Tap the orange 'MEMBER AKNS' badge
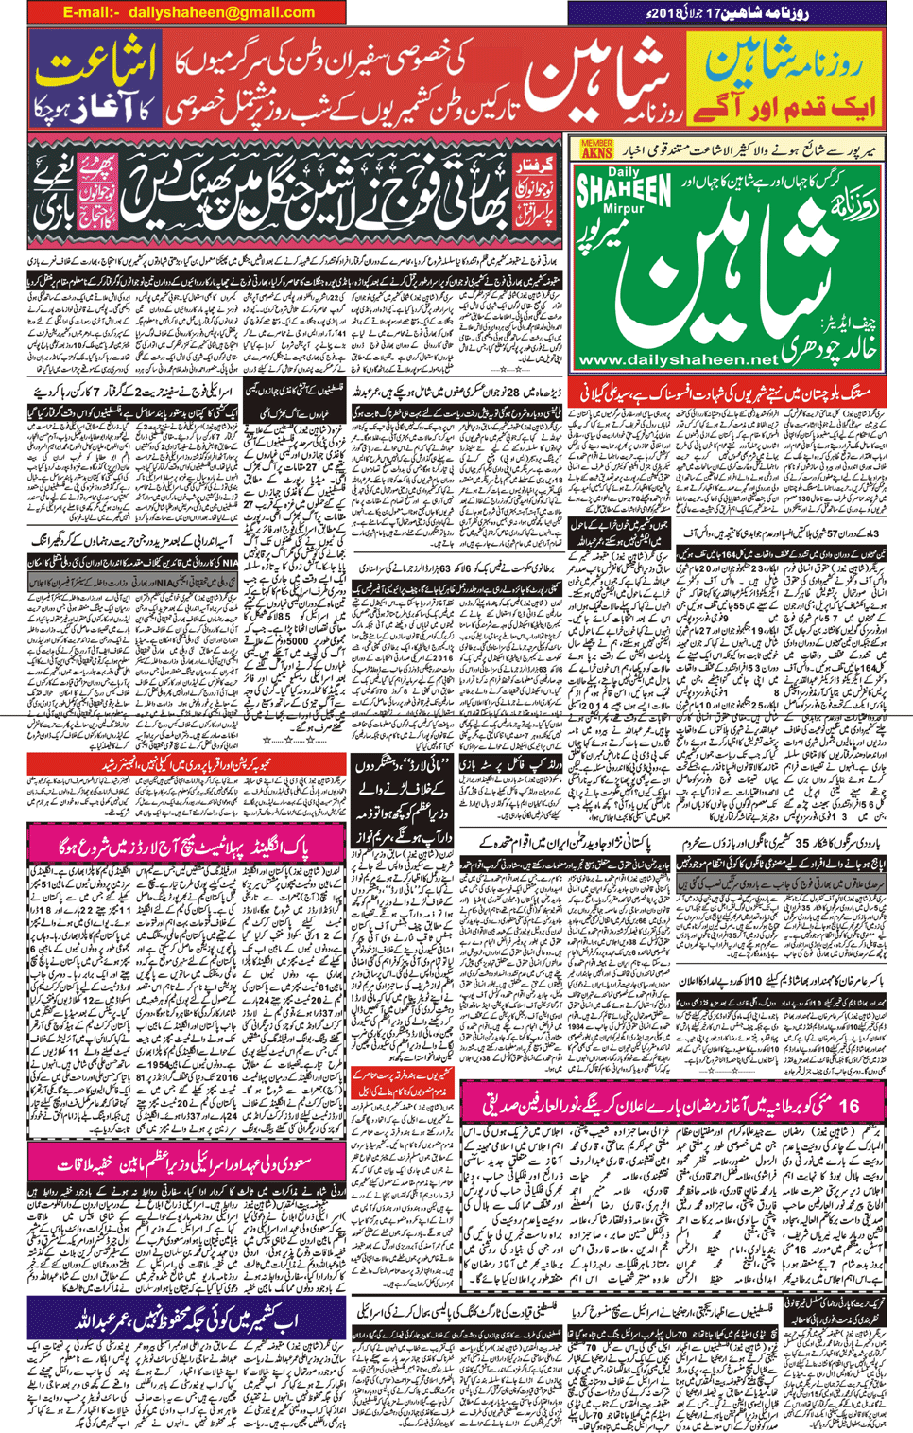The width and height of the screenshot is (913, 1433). point(596,149)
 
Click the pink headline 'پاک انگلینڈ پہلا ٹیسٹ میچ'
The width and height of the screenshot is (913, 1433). point(185,847)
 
